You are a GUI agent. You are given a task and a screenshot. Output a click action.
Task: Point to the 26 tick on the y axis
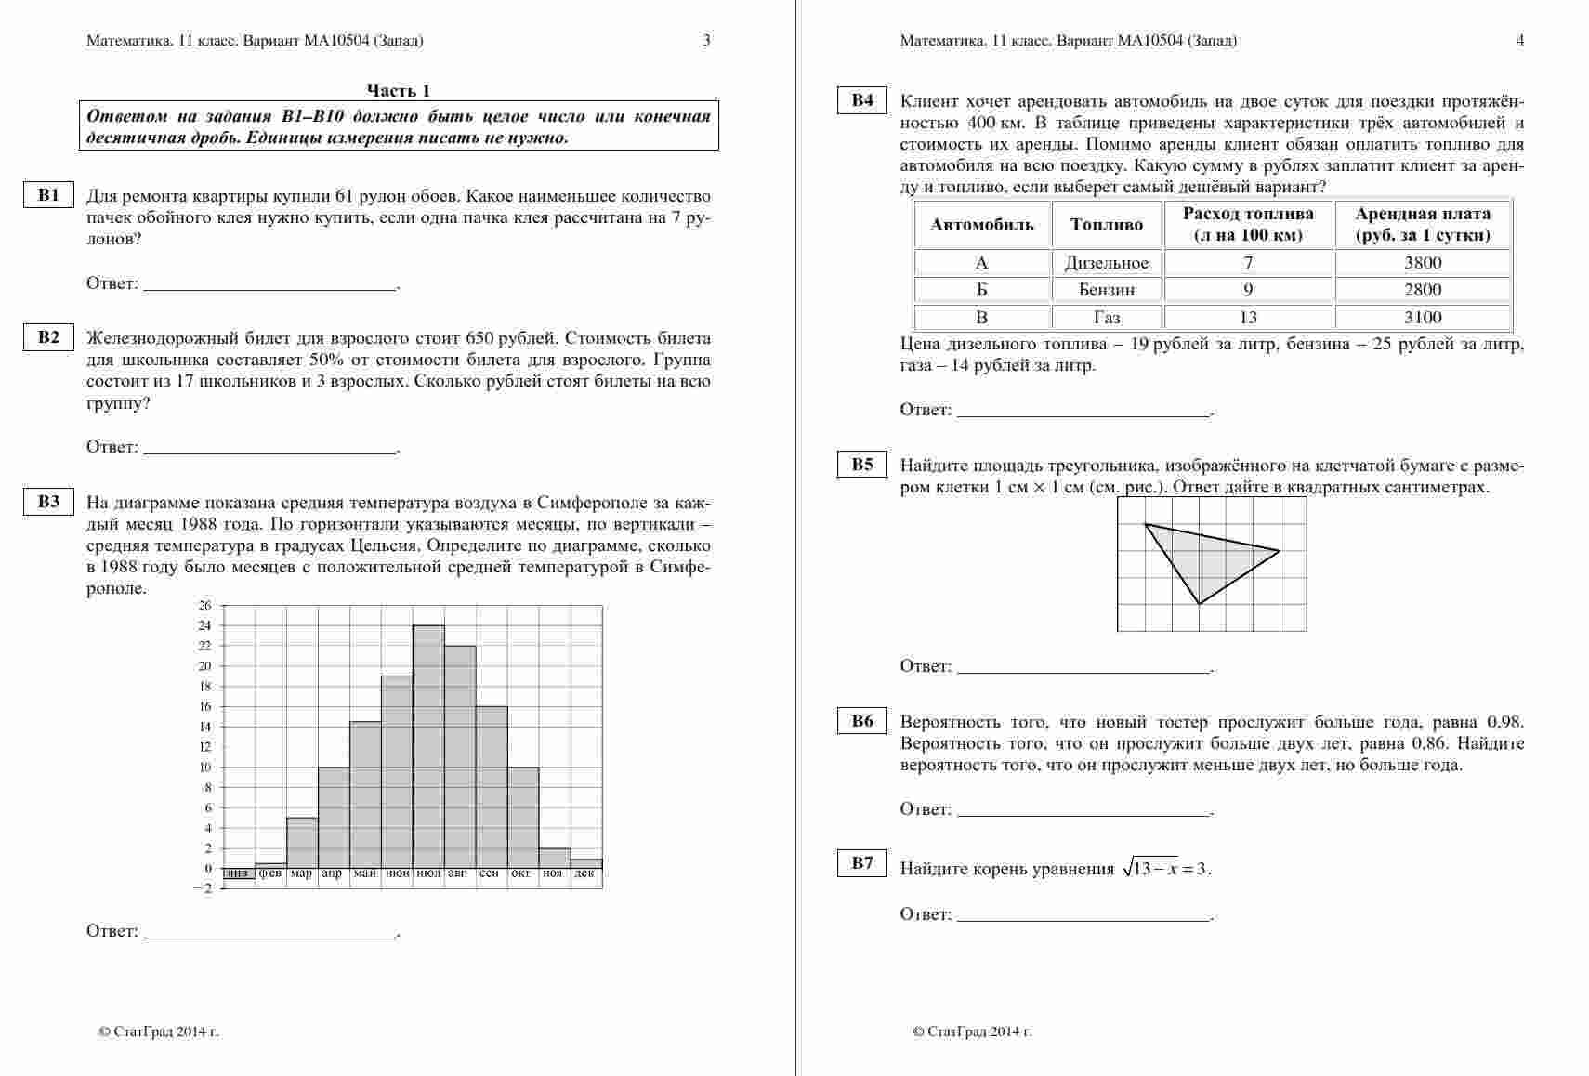(205, 606)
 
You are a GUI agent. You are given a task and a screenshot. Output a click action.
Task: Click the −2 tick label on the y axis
(204, 888)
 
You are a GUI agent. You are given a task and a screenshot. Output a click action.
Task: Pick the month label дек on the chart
(585, 873)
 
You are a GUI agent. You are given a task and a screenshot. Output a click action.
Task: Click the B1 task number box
(48, 195)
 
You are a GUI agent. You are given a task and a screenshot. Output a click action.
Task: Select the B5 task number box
(862, 465)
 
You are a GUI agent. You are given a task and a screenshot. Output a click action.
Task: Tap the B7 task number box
(862, 863)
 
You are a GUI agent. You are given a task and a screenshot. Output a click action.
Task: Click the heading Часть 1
(399, 90)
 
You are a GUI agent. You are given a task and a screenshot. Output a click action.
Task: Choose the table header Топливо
(1107, 225)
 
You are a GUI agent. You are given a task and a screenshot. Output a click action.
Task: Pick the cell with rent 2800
(1423, 290)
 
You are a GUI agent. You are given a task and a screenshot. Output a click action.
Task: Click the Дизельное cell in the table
(1107, 263)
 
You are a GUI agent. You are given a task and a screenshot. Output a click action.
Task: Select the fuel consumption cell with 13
(1248, 318)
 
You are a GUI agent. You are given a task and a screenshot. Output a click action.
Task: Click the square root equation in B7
(1166, 869)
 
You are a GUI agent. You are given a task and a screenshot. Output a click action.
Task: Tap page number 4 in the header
(1520, 40)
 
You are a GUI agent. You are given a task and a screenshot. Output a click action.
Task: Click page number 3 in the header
(706, 40)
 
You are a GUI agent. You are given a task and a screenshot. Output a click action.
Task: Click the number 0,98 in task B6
(1505, 722)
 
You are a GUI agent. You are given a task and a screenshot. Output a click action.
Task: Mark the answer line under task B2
(270, 452)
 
